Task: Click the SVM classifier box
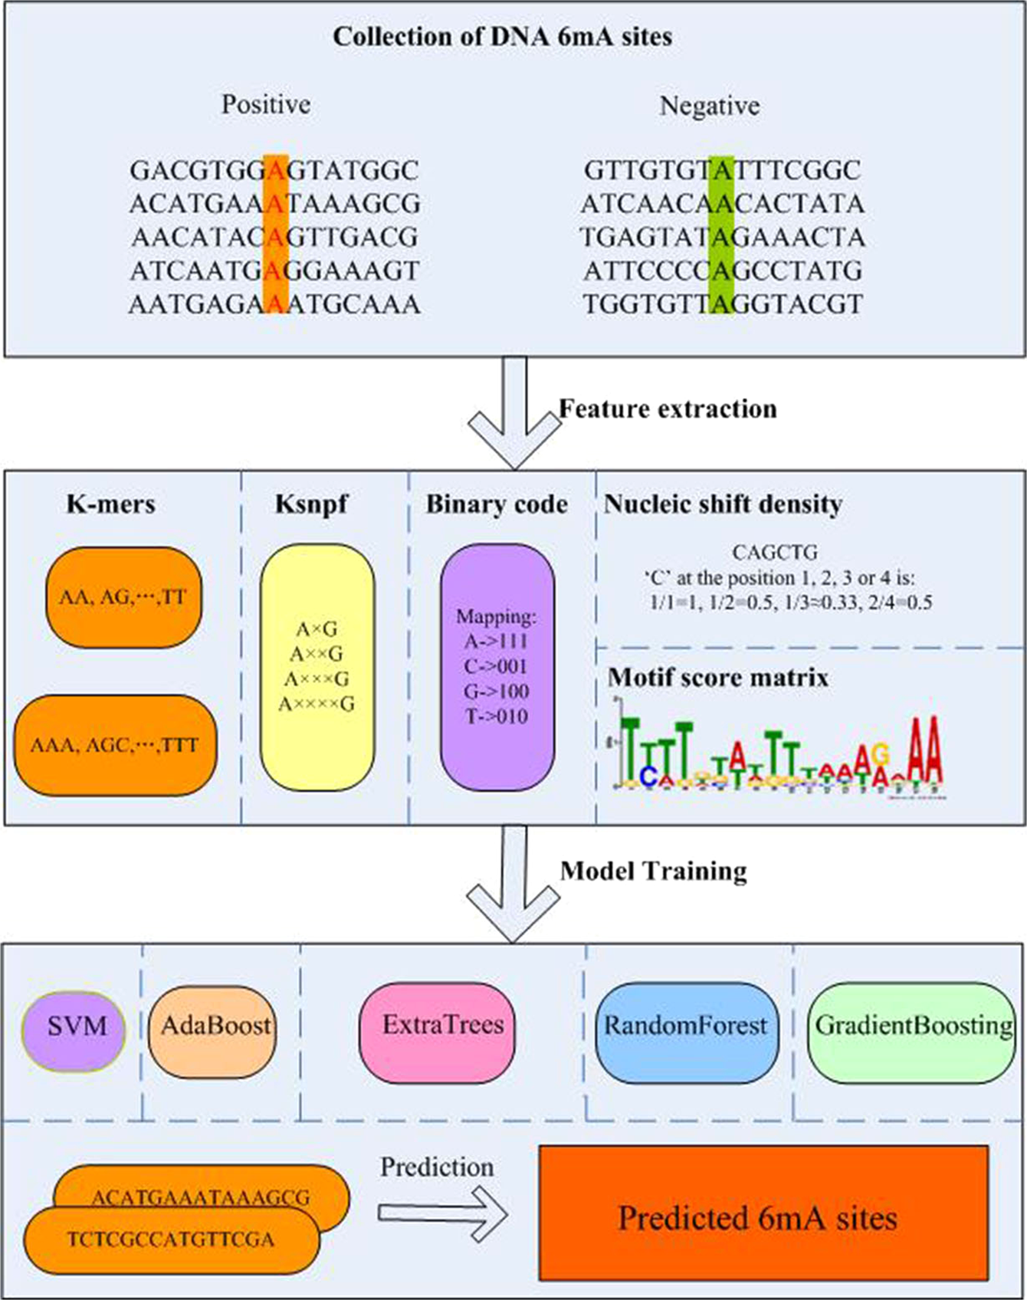click(74, 1026)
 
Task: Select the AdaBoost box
click(213, 1026)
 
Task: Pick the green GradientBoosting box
click(912, 1026)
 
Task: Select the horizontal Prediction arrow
click(443, 1213)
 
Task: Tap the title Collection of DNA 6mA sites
click(502, 37)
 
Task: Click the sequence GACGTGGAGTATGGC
click(274, 170)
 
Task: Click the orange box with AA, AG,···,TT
click(123, 597)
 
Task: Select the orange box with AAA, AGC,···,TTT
click(115, 744)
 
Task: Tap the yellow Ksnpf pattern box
click(317, 667)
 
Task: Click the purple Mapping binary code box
click(496, 667)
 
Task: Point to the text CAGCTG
click(775, 552)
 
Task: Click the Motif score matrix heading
click(717, 678)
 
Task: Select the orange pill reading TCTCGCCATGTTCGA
click(170, 1239)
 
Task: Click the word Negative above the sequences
click(709, 106)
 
